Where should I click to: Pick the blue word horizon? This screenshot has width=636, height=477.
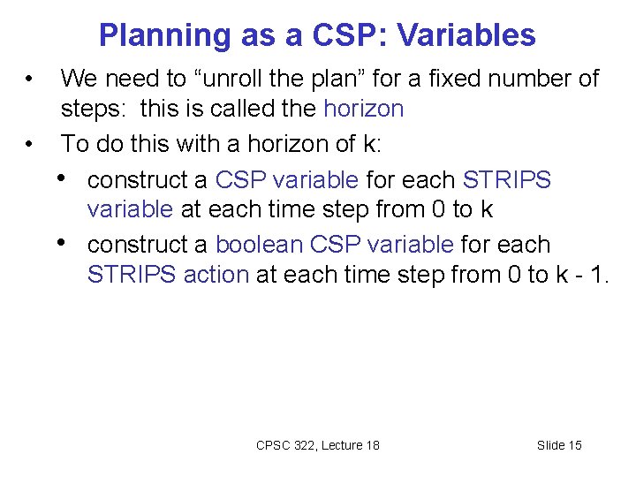[x=364, y=110]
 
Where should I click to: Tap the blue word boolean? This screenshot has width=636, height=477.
[x=257, y=244]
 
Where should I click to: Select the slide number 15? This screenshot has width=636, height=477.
[x=573, y=445]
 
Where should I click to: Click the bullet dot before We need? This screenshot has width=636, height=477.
[x=30, y=79]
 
